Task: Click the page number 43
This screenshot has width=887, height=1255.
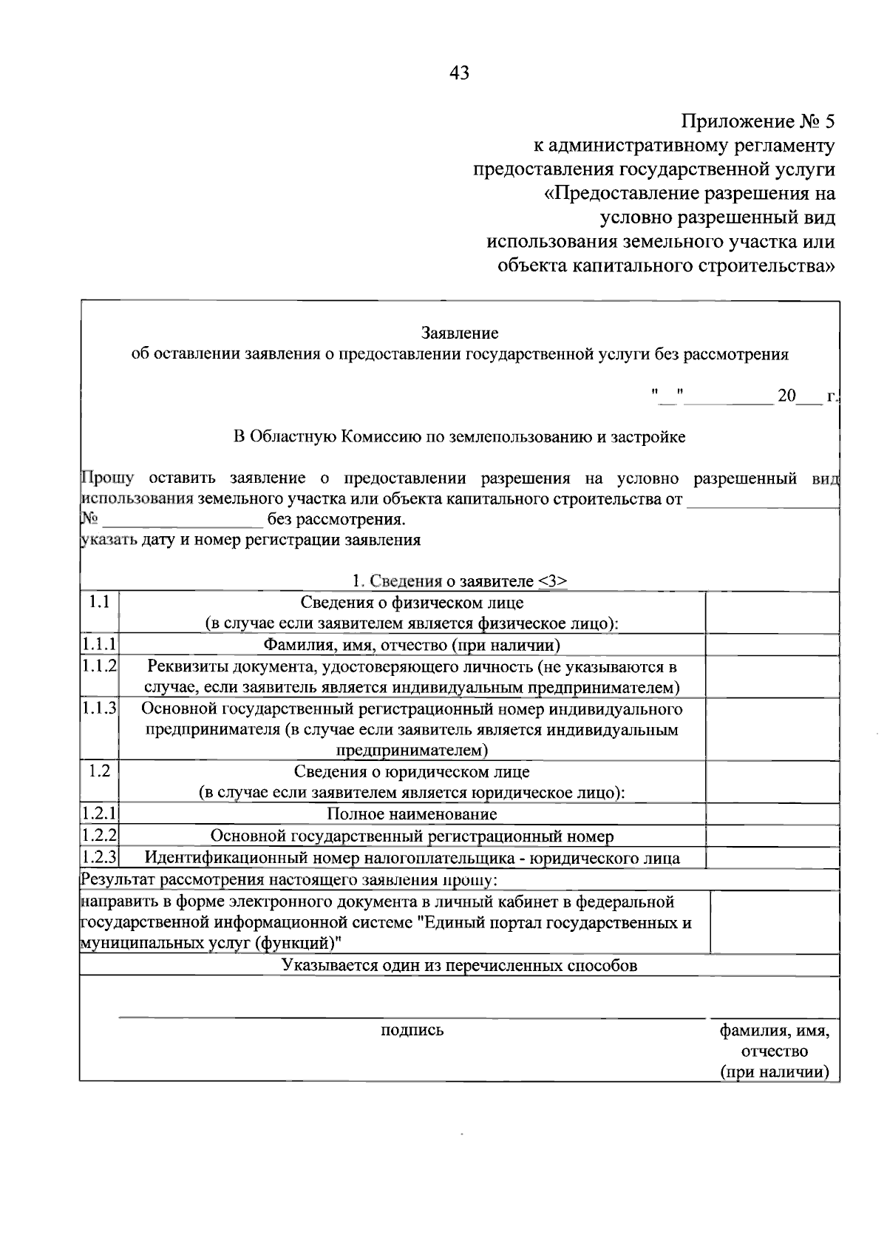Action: click(x=458, y=72)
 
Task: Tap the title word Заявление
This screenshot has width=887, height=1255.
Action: click(x=459, y=334)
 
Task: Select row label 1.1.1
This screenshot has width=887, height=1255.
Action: click(x=99, y=645)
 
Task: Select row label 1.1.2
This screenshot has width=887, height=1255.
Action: click(x=99, y=666)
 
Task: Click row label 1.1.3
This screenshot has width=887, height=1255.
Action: click(x=99, y=708)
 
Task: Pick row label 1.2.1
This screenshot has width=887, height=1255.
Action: click(x=99, y=813)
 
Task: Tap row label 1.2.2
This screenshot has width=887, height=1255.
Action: click(x=99, y=836)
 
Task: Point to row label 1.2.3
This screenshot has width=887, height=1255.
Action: click(x=99, y=858)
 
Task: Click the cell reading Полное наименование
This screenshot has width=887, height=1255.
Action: click(x=412, y=814)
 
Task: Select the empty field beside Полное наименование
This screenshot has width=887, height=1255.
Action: click(x=772, y=814)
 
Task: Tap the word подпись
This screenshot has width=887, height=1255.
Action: click(x=412, y=1029)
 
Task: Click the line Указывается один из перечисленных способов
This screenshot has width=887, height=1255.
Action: click(x=459, y=965)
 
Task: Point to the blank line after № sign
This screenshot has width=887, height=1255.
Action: click(x=182, y=519)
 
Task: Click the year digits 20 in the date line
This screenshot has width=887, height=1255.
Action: click(x=786, y=396)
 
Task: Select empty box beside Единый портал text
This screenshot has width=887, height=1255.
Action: click(x=774, y=922)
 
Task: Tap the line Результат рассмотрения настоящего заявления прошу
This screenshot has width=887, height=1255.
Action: click(x=289, y=880)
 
